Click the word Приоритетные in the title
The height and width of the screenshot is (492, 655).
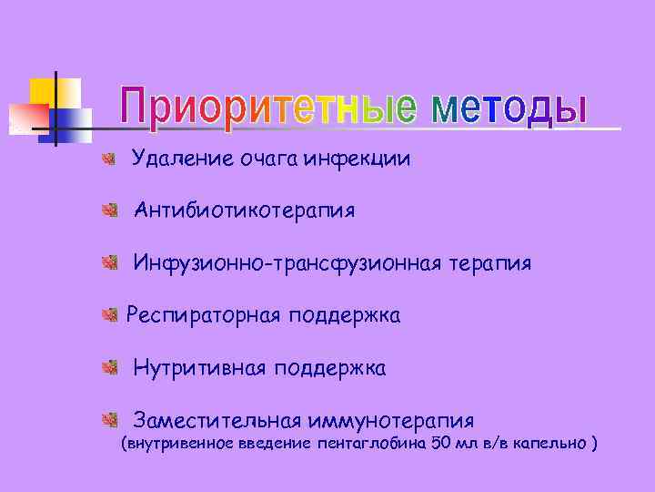click(268, 107)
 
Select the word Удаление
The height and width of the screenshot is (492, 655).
click(182, 159)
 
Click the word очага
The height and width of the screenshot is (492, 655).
click(269, 160)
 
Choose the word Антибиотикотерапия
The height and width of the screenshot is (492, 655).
click(244, 211)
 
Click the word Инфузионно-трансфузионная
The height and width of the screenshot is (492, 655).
click(288, 264)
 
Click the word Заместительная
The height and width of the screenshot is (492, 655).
click(217, 421)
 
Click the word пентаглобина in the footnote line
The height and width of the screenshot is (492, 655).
click(371, 445)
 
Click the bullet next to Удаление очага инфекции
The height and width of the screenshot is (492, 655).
click(108, 160)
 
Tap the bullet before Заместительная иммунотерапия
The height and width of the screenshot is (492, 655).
click(108, 420)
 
